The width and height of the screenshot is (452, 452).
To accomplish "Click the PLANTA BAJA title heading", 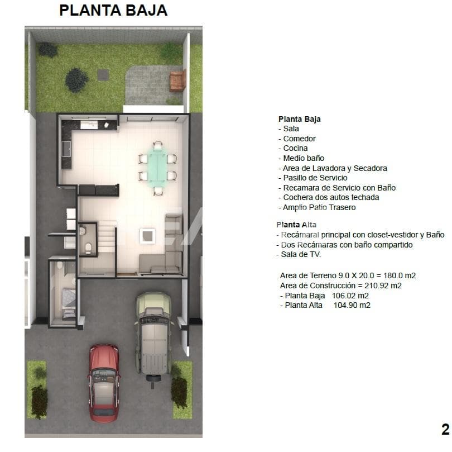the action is [x=113, y=11].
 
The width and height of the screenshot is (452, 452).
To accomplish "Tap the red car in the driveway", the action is [x=104, y=383].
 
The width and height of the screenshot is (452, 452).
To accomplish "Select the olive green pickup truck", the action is [x=153, y=336].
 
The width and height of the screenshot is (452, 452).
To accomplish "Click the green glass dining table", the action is [x=157, y=167].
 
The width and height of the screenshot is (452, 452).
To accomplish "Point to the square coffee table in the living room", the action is [x=147, y=236].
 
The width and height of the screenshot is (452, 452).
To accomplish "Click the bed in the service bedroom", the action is [x=69, y=303].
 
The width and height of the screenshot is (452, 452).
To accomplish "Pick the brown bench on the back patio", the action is [x=177, y=81].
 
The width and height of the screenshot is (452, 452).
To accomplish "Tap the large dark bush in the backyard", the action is [x=76, y=80].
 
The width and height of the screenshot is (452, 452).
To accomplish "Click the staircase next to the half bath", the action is [x=107, y=237].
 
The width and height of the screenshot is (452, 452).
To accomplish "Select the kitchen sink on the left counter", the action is [x=66, y=149].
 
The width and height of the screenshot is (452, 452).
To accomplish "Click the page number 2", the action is [x=445, y=430].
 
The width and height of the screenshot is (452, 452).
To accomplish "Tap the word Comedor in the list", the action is [x=299, y=139].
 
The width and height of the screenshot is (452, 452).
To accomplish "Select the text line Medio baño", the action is [x=304, y=158].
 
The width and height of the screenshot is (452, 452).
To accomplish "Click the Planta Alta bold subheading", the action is [x=296, y=225].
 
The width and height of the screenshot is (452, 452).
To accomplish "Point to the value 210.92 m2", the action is [x=383, y=286].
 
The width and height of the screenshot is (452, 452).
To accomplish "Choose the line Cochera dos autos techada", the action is [x=331, y=197].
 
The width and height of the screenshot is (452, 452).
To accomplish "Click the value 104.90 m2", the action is [x=352, y=305].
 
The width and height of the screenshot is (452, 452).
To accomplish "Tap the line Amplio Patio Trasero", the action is [x=319, y=207].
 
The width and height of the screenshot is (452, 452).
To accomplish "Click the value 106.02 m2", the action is [x=350, y=296].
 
